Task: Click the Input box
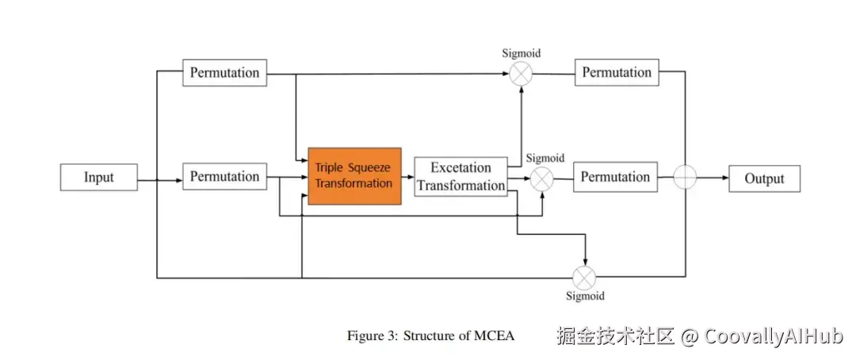click(99, 178)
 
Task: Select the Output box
click(764, 178)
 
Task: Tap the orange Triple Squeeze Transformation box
click(354, 176)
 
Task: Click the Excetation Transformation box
click(460, 177)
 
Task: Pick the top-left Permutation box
click(224, 73)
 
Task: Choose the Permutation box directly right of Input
click(224, 177)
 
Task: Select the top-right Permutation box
click(617, 73)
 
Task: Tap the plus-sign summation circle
click(685, 178)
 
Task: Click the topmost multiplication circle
click(521, 73)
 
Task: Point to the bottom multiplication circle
click(585, 278)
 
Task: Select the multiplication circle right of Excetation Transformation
click(542, 178)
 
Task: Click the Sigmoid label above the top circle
click(521, 53)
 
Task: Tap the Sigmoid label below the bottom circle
click(585, 297)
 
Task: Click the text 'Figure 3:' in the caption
click(372, 335)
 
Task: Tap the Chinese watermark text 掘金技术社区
click(615, 336)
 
